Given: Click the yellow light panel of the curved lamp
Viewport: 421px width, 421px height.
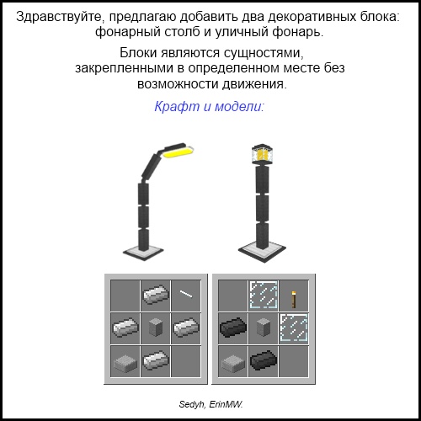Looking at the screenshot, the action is coord(178,152).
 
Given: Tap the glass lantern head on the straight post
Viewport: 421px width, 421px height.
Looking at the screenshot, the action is coord(263,154).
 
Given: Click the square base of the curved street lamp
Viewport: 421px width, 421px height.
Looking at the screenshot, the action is coord(143,252).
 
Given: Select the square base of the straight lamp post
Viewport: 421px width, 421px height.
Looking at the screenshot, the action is coord(262,252).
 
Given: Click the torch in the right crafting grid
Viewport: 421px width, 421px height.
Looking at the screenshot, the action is coord(294,300).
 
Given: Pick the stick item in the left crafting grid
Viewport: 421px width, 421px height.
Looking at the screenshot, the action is coord(186,294).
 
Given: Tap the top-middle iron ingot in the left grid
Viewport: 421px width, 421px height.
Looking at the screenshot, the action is coord(156,295).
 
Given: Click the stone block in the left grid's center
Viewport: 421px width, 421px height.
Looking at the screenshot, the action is coord(156,328).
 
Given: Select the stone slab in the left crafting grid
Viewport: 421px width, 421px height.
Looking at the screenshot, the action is coord(125,363).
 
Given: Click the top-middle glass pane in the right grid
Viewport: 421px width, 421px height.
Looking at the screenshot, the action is coord(264,295).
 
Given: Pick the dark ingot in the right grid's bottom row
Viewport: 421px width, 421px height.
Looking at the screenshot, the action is coord(264,360).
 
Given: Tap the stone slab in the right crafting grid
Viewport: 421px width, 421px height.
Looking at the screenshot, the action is coord(233,363).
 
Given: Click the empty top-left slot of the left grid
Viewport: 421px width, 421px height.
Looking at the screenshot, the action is coord(125,296).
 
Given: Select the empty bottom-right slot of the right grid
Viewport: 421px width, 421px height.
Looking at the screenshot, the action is coord(294,361).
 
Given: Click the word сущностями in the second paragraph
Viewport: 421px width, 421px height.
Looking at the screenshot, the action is coord(264,53).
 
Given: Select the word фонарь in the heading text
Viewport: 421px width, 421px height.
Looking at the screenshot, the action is coord(297,32).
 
